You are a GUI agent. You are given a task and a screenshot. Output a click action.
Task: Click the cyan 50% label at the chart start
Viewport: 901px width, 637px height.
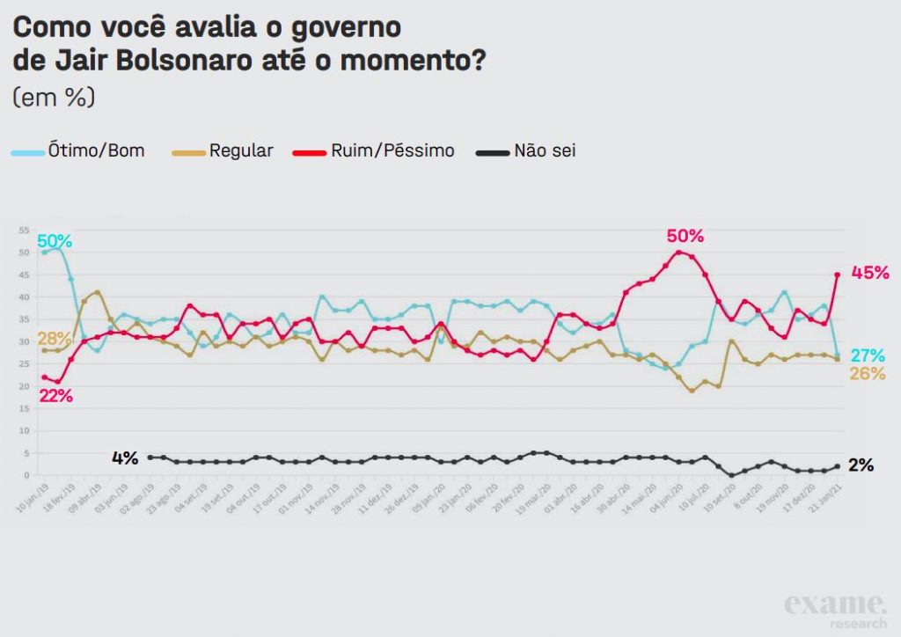tap(55, 241)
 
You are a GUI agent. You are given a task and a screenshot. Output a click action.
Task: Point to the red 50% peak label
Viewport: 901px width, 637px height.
tap(685, 236)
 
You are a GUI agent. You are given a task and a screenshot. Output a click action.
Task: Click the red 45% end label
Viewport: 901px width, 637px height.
tap(870, 273)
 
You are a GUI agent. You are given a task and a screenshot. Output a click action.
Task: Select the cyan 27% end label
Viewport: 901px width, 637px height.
tap(868, 355)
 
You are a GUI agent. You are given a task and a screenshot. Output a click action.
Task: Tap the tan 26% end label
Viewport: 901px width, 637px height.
tap(868, 374)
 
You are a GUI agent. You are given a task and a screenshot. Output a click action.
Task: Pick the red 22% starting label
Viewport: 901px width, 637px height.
tap(55, 396)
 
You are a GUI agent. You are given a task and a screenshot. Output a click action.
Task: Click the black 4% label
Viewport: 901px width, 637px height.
tap(125, 458)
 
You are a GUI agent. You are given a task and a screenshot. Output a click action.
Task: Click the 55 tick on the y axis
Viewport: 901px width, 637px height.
tap(24, 231)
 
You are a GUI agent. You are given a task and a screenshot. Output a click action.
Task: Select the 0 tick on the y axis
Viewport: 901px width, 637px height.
tap(26, 475)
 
